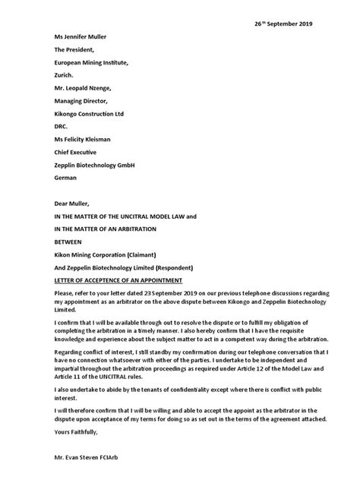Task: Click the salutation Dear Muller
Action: click(x=71, y=204)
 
